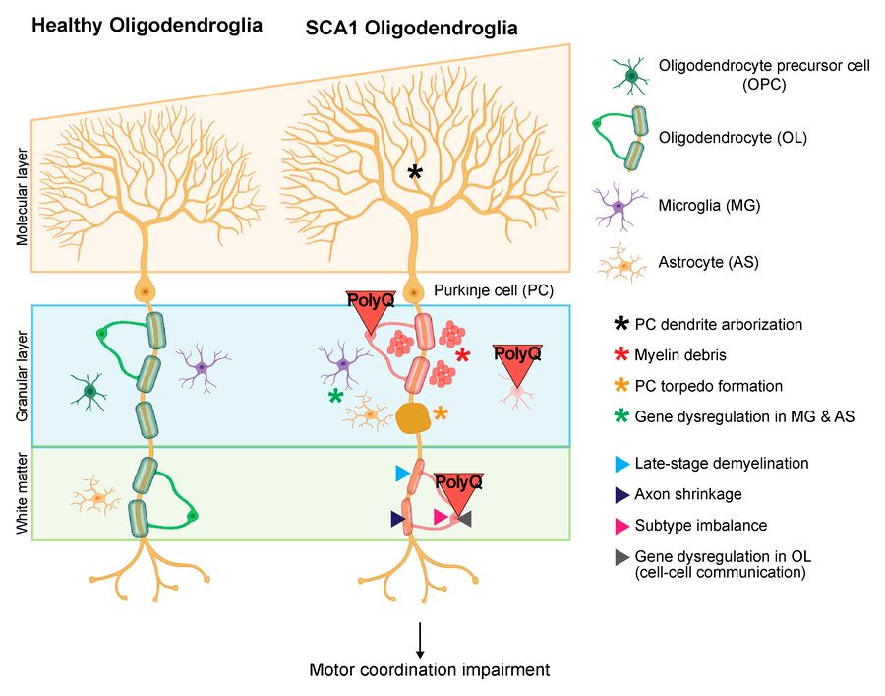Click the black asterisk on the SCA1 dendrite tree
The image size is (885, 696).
(x=415, y=172)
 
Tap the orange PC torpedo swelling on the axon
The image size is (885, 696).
(x=414, y=418)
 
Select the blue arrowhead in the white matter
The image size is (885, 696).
(x=402, y=473)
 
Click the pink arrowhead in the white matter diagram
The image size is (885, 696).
(x=441, y=517)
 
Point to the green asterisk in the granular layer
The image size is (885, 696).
(x=336, y=396)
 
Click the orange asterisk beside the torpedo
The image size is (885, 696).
(x=441, y=412)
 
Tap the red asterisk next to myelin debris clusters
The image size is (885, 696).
(x=462, y=355)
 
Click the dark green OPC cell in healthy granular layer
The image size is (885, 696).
(x=89, y=391)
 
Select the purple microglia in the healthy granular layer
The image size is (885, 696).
(x=202, y=368)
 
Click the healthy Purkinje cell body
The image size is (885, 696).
(x=146, y=291)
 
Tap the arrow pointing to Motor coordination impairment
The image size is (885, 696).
(x=420, y=640)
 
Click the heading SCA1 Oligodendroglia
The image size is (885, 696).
(x=411, y=28)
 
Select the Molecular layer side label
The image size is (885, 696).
(x=22, y=197)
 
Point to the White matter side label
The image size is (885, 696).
(x=22, y=492)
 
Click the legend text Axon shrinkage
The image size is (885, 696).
(x=688, y=494)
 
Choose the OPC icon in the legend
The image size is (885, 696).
(x=631, y=75)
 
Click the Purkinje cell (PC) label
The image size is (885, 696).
(x=494, y=291)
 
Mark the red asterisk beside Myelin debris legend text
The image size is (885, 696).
(x=621, y=354)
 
